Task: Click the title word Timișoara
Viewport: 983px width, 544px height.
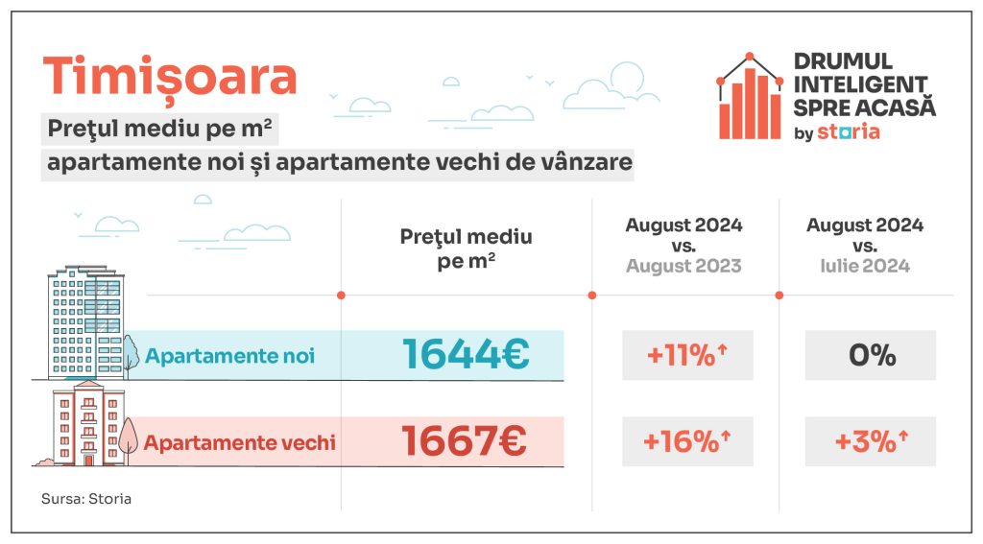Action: tap(170, 76)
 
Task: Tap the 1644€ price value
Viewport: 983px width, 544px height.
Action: tap(466, 355)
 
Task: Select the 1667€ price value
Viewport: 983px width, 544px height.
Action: tap(465, 441)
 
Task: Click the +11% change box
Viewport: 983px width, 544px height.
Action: tap(687, 355)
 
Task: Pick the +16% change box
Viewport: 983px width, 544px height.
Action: tap(687, 441)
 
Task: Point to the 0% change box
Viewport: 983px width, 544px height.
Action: tap(871, 355)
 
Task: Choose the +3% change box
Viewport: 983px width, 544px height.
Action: tap(871, 441)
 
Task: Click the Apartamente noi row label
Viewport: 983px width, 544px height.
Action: tap(229, 356)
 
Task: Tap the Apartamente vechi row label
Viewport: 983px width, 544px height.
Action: tap(239, 442)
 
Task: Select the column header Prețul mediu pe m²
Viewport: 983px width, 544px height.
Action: tap(466, 249)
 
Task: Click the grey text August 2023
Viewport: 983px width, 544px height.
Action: tap(683, 267)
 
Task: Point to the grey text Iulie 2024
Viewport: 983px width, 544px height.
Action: tap(865, 267)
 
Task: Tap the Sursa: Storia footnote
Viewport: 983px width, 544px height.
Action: tap(86, 499)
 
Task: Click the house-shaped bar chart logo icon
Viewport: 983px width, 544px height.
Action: tap(750, 97)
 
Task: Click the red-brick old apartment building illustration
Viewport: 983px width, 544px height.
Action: tap(85, 422)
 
